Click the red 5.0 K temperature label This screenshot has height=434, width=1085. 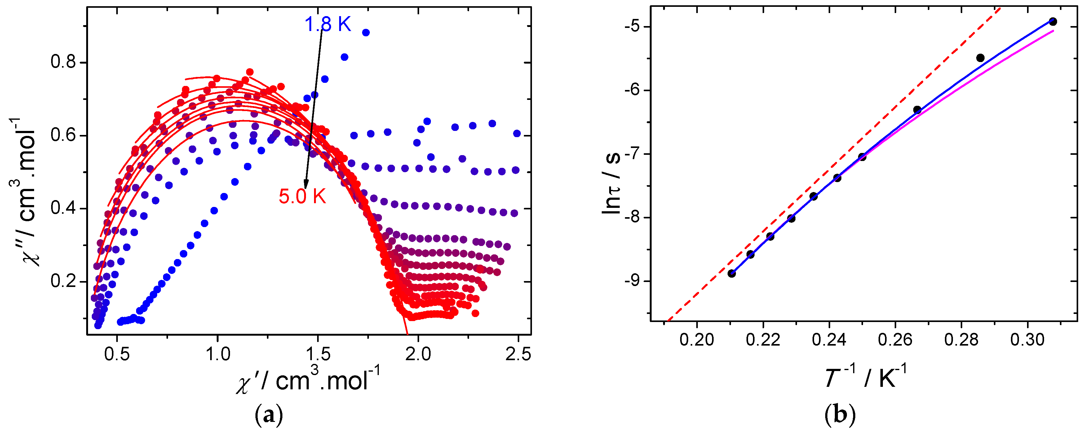(303, 196)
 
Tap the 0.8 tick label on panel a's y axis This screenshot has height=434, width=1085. (63, 62)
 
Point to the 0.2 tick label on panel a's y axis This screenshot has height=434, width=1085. (63, 281)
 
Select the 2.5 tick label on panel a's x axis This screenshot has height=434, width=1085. (518, 354)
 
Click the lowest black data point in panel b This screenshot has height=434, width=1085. (732, 274)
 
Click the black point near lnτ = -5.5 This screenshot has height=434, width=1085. (980, 58)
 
